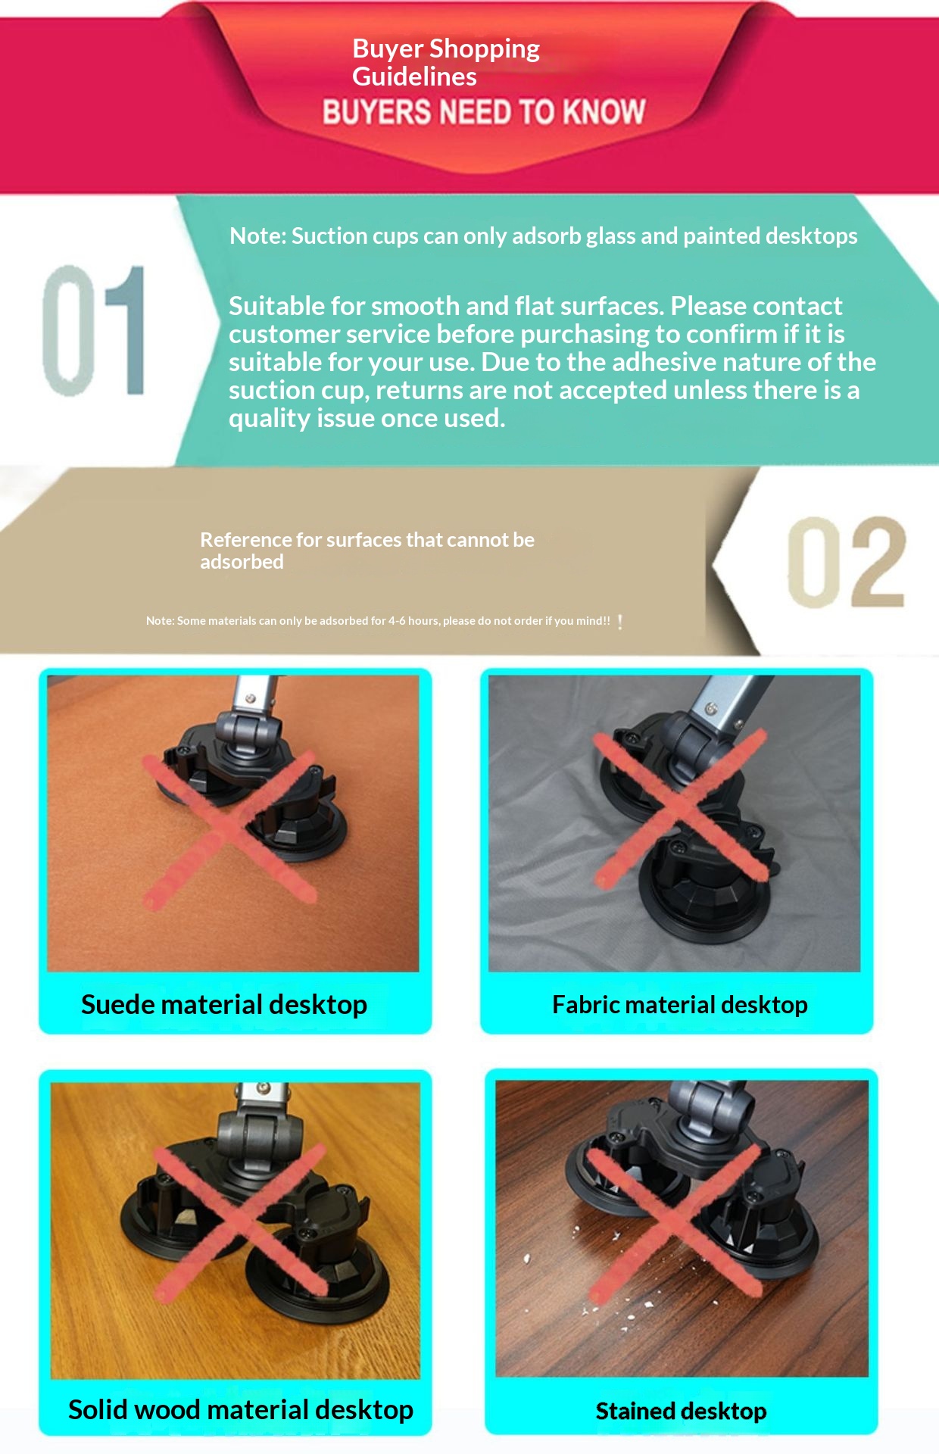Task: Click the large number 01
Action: [94, 330]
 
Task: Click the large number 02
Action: [846, 562]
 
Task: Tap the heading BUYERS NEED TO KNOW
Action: [484, 112]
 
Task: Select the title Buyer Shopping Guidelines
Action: [446, 62]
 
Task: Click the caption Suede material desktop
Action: [224, 1004]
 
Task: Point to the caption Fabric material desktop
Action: [680, 1004]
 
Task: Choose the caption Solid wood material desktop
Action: [241, 1409]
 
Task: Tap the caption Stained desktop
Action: [681, 1411]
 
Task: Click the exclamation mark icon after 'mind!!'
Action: [620, 622]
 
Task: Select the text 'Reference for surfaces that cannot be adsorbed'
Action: [367, 551]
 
